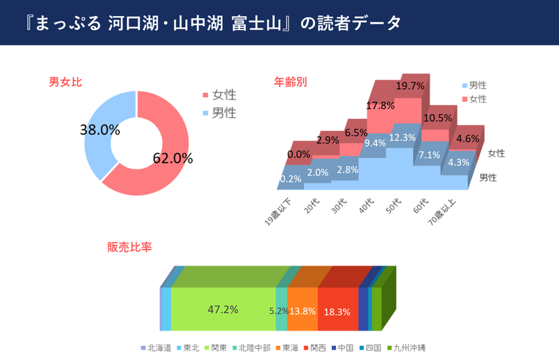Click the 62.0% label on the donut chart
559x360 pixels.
(x=173, y=158)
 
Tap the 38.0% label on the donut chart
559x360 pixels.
(x=100, y=129)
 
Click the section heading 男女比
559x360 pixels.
(x=66, y=82)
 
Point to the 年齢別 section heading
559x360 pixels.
(x=290, y=82)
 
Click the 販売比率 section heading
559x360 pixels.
(x=130, y=247)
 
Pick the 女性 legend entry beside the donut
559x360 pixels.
(x=224, y=94)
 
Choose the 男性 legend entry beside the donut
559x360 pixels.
(x=224, y=112)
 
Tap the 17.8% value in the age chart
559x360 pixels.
(x=381, y=106)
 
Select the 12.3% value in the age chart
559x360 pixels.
(x=403, y=138)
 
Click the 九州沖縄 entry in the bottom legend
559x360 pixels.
(x=412, y=347)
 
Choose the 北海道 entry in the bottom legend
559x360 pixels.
(x=157, y=347)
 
